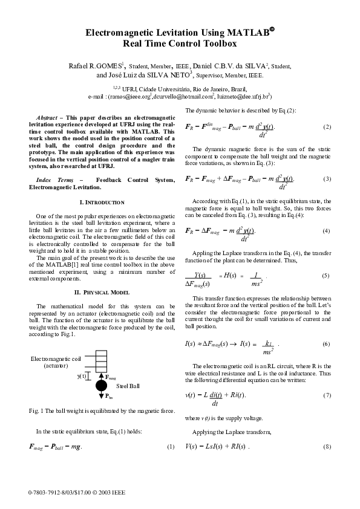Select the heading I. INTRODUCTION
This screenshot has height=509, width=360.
[x=102, y=202]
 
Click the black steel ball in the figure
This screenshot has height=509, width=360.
[x=100, y=385]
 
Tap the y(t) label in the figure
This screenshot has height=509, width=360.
[x=82, y=375]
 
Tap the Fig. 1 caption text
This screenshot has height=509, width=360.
[x=102, y=412]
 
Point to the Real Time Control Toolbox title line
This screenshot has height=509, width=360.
[x=180, y=44]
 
